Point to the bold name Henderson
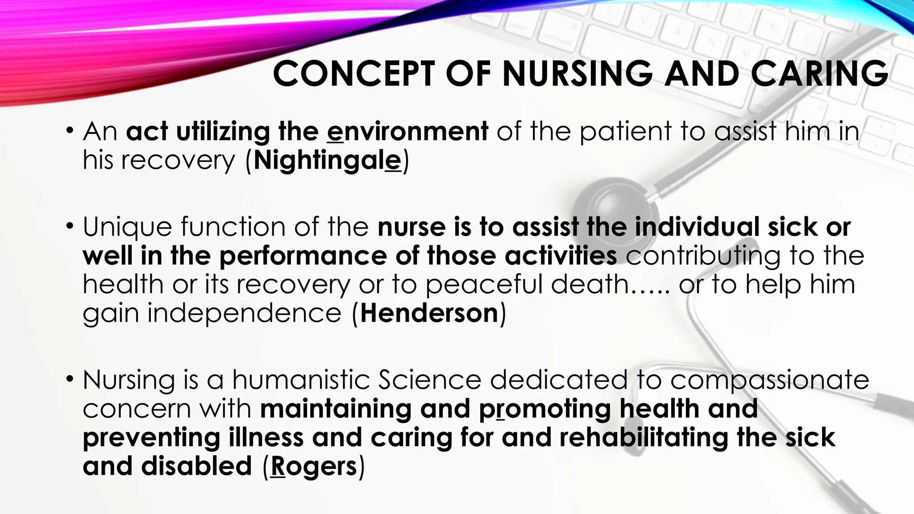(x=429, y=313)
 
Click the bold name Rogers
(x=314, y=466)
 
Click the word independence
(x=245, y=313)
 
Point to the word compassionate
(x=769, y=380)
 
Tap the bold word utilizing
(x=223, y=132)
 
